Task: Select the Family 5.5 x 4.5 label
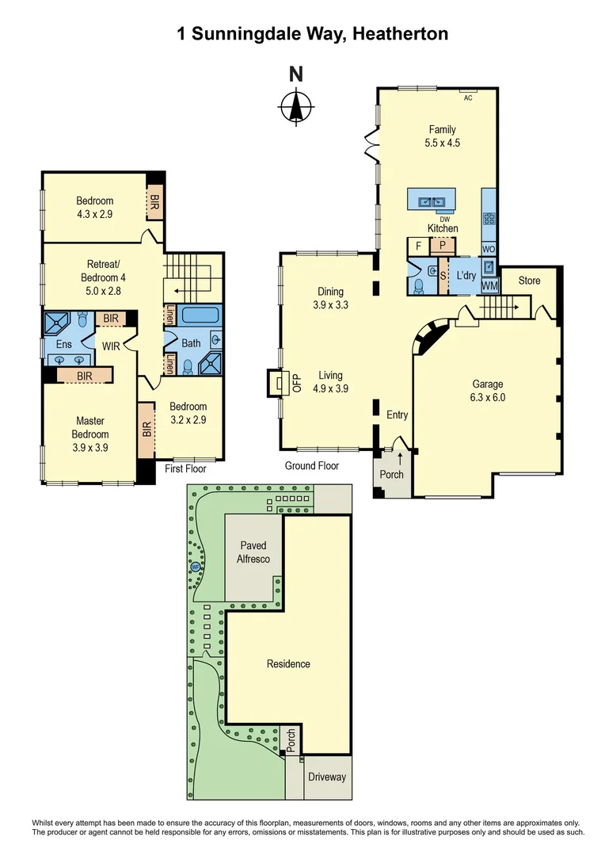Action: coord(443,136)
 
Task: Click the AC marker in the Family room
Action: coord(467,97)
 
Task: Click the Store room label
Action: coord(529,281)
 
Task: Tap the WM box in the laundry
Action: coord(489,285)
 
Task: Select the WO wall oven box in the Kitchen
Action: coord(489,248)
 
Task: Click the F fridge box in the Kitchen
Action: coord(417,246)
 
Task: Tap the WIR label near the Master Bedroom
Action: coord(110,346)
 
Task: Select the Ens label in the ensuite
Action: coord(64,346)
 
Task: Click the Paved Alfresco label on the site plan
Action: coord(254,552)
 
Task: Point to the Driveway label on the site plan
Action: coord(327,777)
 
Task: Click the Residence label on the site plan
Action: coord(288,663)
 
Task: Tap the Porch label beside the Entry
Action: coord(392,474)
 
